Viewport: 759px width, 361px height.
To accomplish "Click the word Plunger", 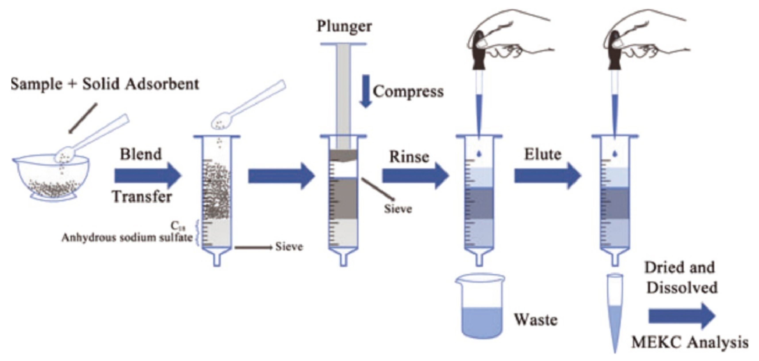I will point(344,27).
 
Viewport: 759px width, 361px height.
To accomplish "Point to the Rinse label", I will point(409,157).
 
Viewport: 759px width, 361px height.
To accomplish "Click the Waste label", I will point(536,320).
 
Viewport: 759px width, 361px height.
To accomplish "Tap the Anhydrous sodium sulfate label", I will point(127,238).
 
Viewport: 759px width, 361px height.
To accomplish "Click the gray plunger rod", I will point(343,94).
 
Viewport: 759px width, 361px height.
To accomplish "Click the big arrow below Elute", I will point(547,176).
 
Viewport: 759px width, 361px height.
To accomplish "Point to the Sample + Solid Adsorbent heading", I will point(105,84).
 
